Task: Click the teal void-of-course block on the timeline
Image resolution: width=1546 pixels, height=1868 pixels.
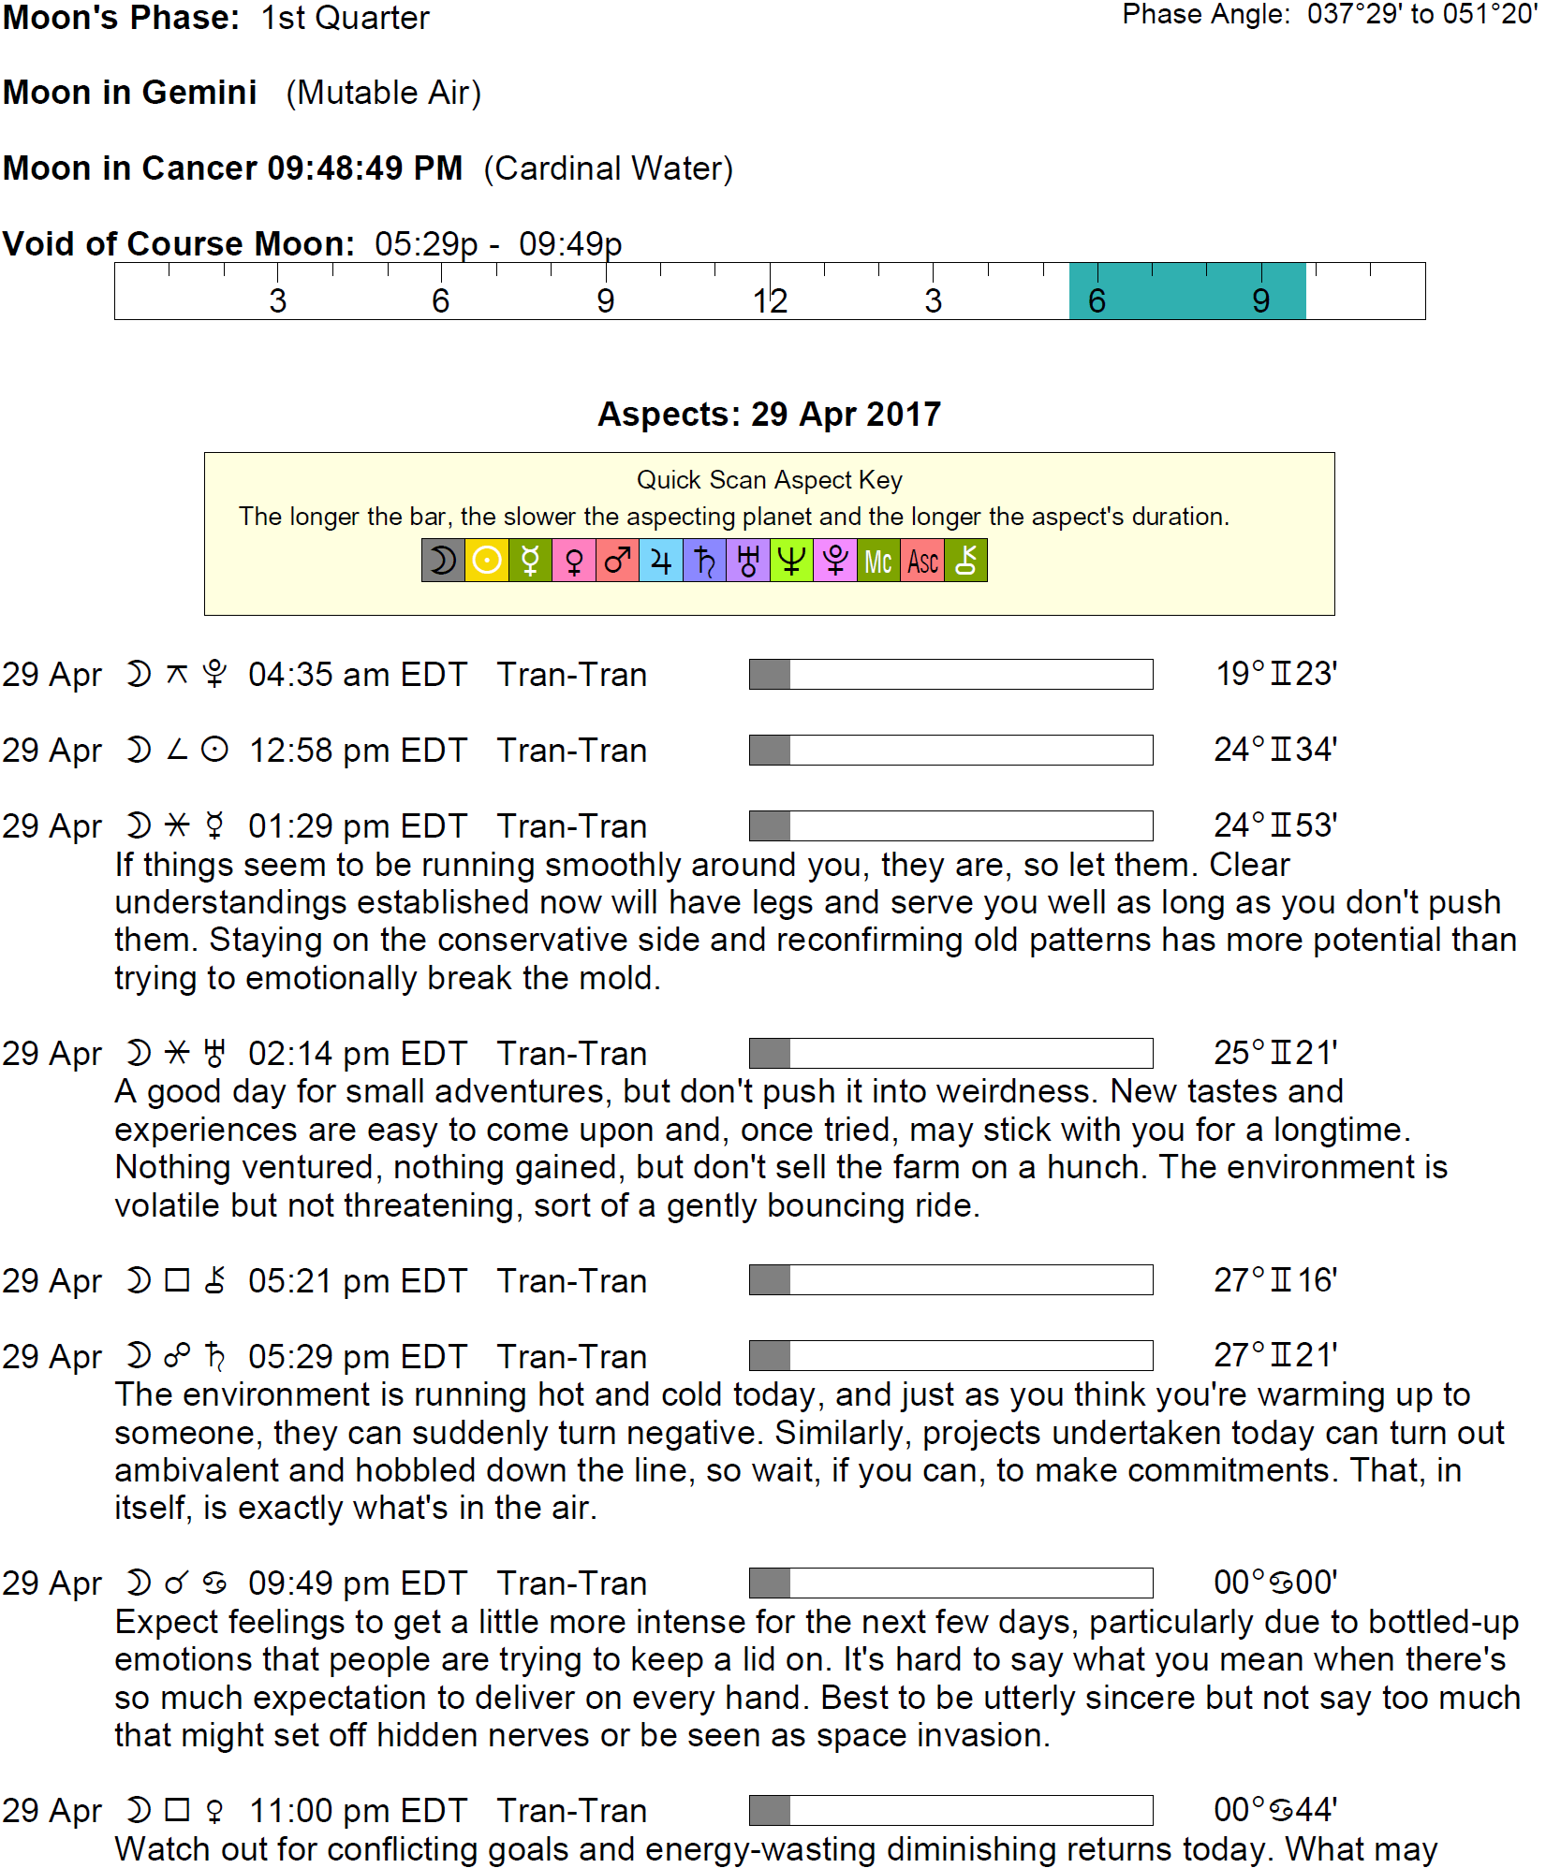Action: pos(1186,291)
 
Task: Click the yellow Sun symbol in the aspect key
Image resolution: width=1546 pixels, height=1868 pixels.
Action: pos(486,561)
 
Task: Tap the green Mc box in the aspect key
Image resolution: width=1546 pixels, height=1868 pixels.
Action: pos(878,561)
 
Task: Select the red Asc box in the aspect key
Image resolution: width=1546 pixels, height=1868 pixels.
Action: pos(922,561)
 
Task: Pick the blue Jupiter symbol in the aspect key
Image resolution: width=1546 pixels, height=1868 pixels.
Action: pos(661,561)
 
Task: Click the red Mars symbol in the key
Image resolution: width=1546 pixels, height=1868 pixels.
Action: pos(617,561)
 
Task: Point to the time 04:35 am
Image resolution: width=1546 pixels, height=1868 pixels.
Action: pos(318,675)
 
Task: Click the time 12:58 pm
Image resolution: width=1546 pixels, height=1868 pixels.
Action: pos(318,751)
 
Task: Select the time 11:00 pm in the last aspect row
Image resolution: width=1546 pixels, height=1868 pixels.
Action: pos(318,1811)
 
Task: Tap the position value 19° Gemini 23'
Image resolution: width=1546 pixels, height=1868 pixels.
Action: pos(1276,674)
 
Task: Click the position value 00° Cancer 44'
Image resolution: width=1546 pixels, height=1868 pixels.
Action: pos(1275,1810)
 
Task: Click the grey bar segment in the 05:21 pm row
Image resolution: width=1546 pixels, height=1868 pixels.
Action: pos(770,1280)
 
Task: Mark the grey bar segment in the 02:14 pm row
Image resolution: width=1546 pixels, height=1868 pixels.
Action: pos(770,1053)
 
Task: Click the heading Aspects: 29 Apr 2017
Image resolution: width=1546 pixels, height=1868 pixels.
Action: pos(769,414)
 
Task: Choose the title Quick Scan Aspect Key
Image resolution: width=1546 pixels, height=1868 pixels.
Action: pos(769,480)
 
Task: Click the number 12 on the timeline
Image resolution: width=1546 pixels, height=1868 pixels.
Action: pos(770,301)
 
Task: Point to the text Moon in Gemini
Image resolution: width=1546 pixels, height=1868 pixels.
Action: pos(130,93)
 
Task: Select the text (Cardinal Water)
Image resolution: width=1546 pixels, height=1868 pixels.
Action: pos(609,168)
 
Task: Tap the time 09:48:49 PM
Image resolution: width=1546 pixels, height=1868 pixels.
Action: pos(365,168)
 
